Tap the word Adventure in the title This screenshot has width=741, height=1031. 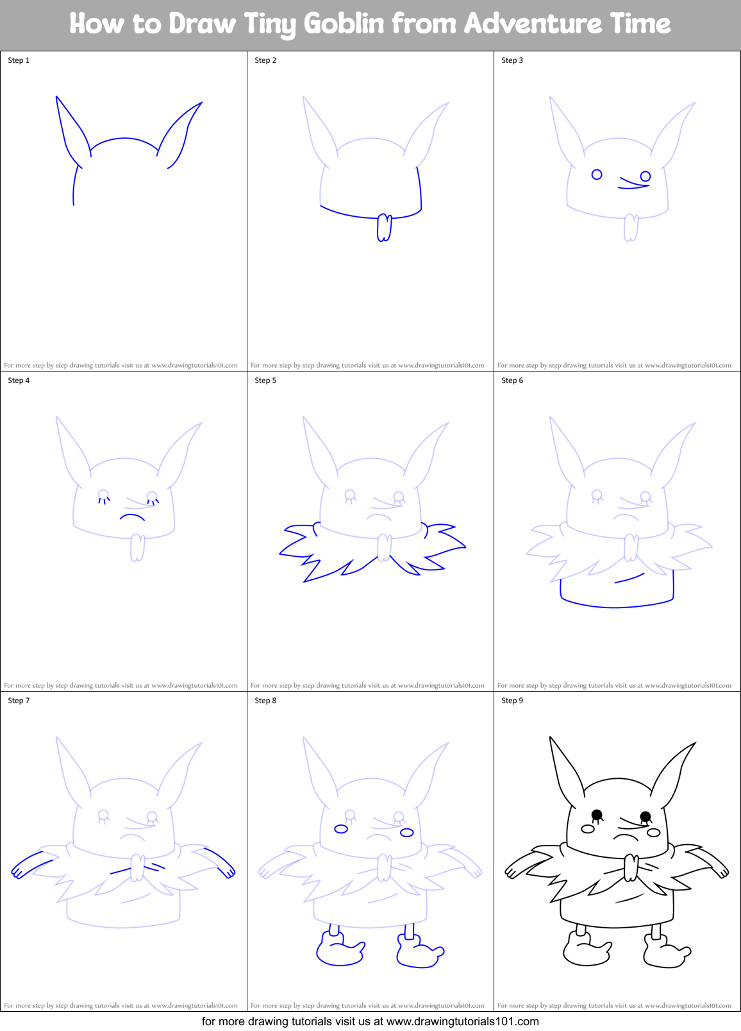[x=533, y=24]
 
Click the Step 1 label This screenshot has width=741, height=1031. [x=19, y=60]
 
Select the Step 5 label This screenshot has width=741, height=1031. [x=265, y=380]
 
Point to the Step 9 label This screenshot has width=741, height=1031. [x=512, y=701]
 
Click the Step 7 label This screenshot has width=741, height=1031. [x=19, y=701]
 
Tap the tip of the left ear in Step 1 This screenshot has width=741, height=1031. [x=57, y=98]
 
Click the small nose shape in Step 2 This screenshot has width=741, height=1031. [x=384, y=228]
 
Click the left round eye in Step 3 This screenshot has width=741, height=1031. [x=597, y=175]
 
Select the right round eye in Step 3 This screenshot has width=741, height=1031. [x=645, y=176]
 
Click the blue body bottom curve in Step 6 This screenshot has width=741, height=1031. [x=615, y=606]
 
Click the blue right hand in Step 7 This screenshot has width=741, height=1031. [x=227, y=871]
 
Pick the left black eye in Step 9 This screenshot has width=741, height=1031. [x=596, y=815]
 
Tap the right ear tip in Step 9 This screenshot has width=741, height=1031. [x=695, y=744]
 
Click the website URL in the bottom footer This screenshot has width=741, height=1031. [x=462, y=1021]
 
